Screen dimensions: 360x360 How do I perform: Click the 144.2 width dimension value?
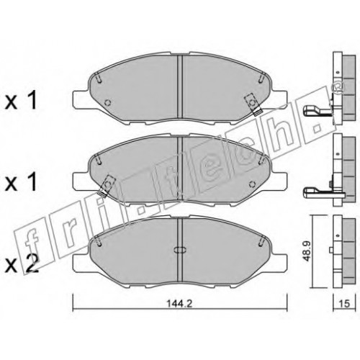[x=180, y=304]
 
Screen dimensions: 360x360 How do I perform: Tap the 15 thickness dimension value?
[x=345, y=304]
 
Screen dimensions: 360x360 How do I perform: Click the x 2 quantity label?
[x=22, y=264]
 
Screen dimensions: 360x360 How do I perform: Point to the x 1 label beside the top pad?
[x=22, y=101]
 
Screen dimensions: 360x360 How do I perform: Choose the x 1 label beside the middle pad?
[x=22, y=181]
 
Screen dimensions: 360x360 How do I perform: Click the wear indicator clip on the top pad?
[x=253, y=104]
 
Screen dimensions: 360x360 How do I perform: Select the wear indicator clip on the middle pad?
[x=107, y=186]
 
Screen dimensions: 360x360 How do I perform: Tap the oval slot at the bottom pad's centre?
[x=180, y=250]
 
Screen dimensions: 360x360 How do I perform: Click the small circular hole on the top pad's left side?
[x=108, y=103]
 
